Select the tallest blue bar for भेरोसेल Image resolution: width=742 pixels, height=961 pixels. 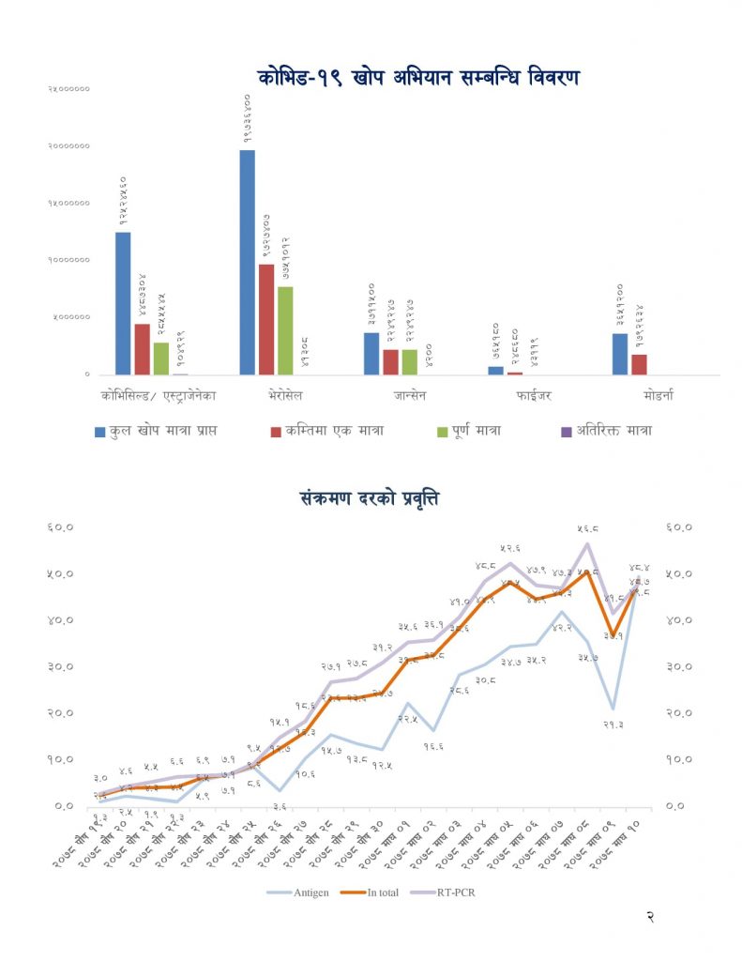pyautogui.click(x=247, y=262)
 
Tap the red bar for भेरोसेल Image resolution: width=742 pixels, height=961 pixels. pyautogui.click(x=266, y=319)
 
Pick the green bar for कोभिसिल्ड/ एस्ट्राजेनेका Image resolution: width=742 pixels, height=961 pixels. pyautogui.click(x=161, y=358)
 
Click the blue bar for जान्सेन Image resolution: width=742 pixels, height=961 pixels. pyautogui.click(x=371, y=354)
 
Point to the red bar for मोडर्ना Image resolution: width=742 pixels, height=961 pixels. pyautogui.click(x=639, y=364)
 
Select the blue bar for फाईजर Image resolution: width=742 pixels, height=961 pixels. pyautogui.click(x=495, y=371)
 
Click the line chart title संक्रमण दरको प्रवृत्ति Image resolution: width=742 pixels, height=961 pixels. pyautogui.click(x=371, y=497)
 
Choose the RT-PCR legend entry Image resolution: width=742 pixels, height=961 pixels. pyautogui.click(x=458, y=892)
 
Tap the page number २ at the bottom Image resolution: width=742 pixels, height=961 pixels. pyautogui.click(x=650, y=918)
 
